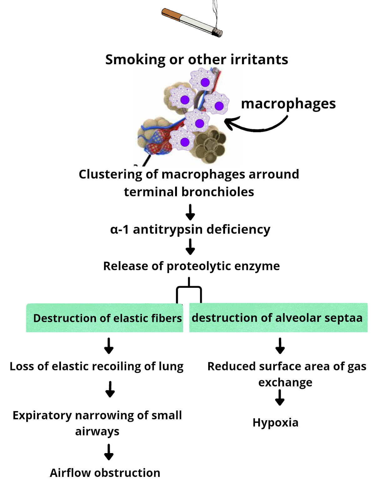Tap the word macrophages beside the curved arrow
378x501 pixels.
pos(288,104)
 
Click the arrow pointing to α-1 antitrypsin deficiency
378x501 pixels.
pos(190,212)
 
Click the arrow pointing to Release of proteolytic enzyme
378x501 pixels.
pos(190,247)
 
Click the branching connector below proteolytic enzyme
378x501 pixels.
pos(189,290)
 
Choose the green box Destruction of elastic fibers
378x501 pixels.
pos(105,318)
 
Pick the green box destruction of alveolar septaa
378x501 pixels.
pos(278,318)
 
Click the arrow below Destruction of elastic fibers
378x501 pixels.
pos(109,346)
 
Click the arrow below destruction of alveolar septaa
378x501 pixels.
pos(280,346)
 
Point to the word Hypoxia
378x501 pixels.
pos(275,423)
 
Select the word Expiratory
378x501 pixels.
pos(42,416)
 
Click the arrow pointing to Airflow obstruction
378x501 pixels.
pos(109,452)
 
